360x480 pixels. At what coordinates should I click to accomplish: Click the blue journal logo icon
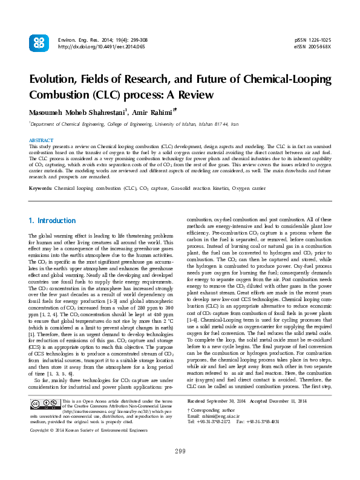[39, 42]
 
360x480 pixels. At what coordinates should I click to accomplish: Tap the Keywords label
[41, 189]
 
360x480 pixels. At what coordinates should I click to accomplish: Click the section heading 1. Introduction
[52, 221]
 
